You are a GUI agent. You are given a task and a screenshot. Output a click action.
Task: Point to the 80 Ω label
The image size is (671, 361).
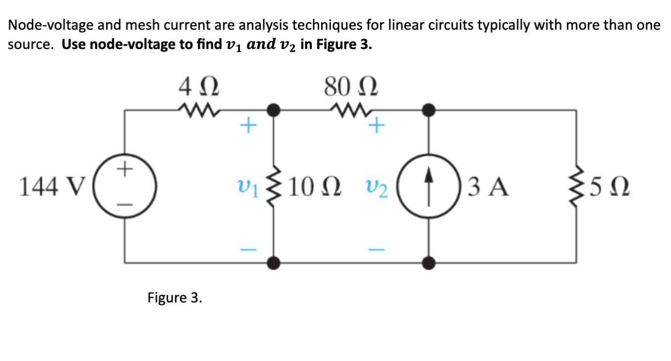[x=351, y=89]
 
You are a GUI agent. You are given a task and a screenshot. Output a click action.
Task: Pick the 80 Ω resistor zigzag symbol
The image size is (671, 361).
[x=351, y=108]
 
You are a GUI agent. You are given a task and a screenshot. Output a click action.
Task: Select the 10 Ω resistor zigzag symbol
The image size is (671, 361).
[x=273, y=186]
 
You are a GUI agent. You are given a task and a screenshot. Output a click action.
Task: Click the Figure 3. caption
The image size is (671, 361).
[x=175, y=298]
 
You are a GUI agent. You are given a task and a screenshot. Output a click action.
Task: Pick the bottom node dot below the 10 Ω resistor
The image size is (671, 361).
[x=273, y=262]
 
